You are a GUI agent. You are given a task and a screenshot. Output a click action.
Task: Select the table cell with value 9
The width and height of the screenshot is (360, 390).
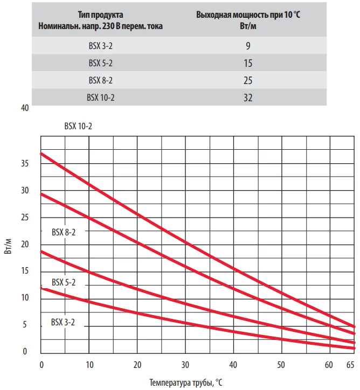click(248, 46)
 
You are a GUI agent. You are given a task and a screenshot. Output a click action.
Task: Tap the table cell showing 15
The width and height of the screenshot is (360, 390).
click(248, 64)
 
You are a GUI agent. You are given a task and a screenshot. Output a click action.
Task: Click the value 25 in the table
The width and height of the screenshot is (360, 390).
click(248, 81)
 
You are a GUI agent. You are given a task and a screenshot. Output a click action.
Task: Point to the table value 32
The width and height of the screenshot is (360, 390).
click(248, 98)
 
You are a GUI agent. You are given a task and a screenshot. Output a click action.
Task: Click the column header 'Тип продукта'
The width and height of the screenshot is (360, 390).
click(100, 15)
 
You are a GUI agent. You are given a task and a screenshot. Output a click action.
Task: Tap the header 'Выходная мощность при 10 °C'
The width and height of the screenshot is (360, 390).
click(248, 15)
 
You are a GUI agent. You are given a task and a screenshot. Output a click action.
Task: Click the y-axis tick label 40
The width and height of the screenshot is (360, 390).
click(24, 108)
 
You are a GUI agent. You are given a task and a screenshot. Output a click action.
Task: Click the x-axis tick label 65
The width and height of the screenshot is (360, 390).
click(350, 365)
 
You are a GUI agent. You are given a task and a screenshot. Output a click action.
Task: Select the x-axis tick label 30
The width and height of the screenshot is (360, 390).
click(185, 365)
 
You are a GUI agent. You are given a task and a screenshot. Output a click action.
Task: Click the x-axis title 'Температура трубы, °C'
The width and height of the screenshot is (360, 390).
click(185, 382)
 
